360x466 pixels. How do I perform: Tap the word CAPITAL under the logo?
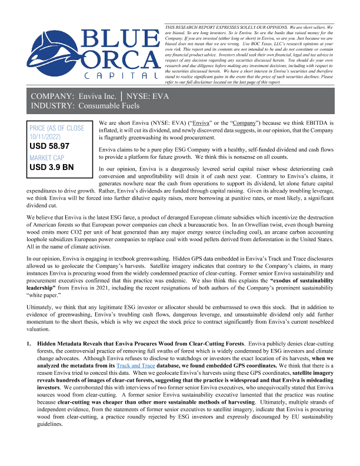[x=121, y=77]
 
